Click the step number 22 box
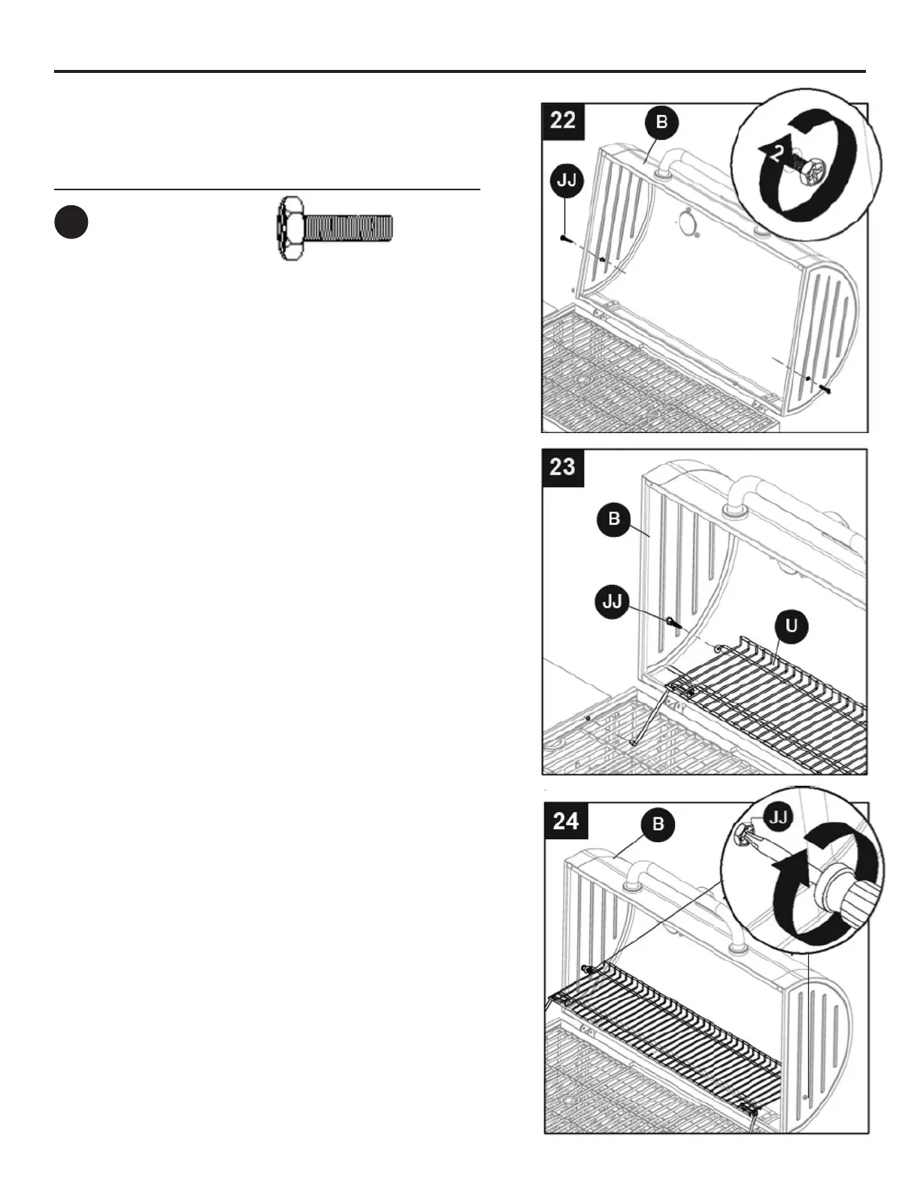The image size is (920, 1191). tap(563, 120)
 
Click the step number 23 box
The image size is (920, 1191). tap(563, 467)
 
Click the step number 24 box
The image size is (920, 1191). tap(566, 820)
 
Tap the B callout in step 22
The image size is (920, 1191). tap(661, 123)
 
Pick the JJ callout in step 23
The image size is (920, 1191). tap(613, 602)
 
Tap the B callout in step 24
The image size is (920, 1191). tap(658, 823)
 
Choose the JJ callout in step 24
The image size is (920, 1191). tap(779, 817)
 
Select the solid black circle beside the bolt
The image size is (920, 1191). tap(71, 223)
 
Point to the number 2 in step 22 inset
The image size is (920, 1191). tap(779, 153)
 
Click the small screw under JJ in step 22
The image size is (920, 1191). tap(564, 238)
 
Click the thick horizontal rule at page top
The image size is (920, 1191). tap(460, 71)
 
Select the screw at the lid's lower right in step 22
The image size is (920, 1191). tap(826, 388)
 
